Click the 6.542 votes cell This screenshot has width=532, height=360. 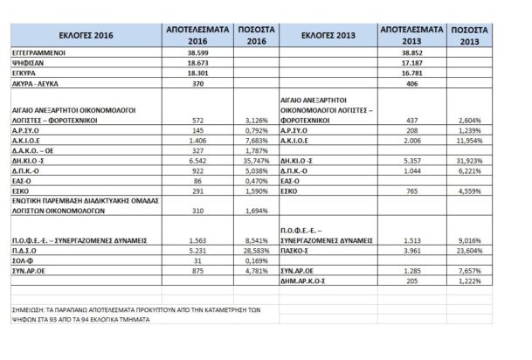pyautogui.click(x=192, y=161)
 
